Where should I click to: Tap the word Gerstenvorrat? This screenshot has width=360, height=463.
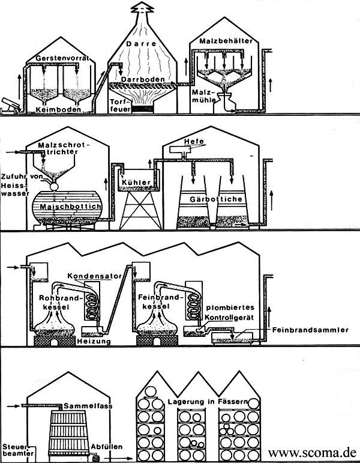click(x=63, y=58)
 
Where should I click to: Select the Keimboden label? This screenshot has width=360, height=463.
click(x=58, y=109)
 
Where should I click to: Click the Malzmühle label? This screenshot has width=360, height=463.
click(x=202, y=96)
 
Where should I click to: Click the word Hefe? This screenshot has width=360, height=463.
click(x=195, y=141)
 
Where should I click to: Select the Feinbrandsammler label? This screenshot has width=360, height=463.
click(x=310, y=330)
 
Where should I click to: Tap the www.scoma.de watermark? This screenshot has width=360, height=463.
click(x=312, y=452)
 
